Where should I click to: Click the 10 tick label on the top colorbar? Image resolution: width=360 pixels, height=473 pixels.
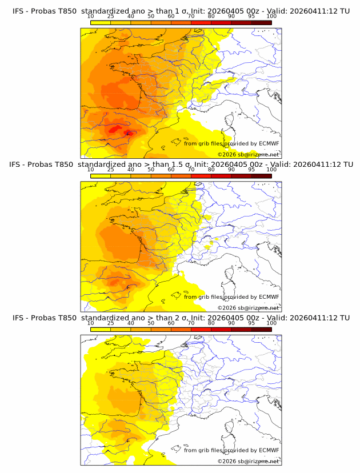90,16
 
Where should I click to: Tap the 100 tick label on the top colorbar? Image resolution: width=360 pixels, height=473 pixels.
271,16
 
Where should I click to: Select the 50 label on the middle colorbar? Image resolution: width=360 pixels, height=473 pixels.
151,170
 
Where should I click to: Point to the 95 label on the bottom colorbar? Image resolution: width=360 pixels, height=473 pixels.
251,323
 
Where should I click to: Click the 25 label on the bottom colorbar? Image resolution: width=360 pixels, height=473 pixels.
111,323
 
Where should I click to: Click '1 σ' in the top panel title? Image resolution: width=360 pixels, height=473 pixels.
182,10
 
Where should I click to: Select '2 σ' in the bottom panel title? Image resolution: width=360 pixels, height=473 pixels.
182,318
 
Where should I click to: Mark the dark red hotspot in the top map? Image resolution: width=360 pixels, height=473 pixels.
127,133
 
